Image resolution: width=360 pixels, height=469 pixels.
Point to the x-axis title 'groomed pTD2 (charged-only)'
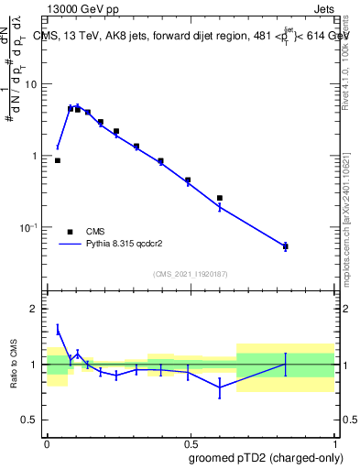coord(267,457)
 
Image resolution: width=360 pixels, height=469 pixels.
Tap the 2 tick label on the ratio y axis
coord(35,309)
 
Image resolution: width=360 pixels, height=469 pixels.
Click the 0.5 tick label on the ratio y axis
coord(31,420)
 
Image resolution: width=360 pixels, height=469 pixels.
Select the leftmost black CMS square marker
coord(58,160)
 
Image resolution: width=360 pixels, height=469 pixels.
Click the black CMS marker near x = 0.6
coord(220,198)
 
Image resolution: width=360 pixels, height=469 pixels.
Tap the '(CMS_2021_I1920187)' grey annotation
coord(190,274)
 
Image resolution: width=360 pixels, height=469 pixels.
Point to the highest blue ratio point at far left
coord(58,331)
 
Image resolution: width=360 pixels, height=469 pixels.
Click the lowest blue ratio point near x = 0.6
coord(220,387)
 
